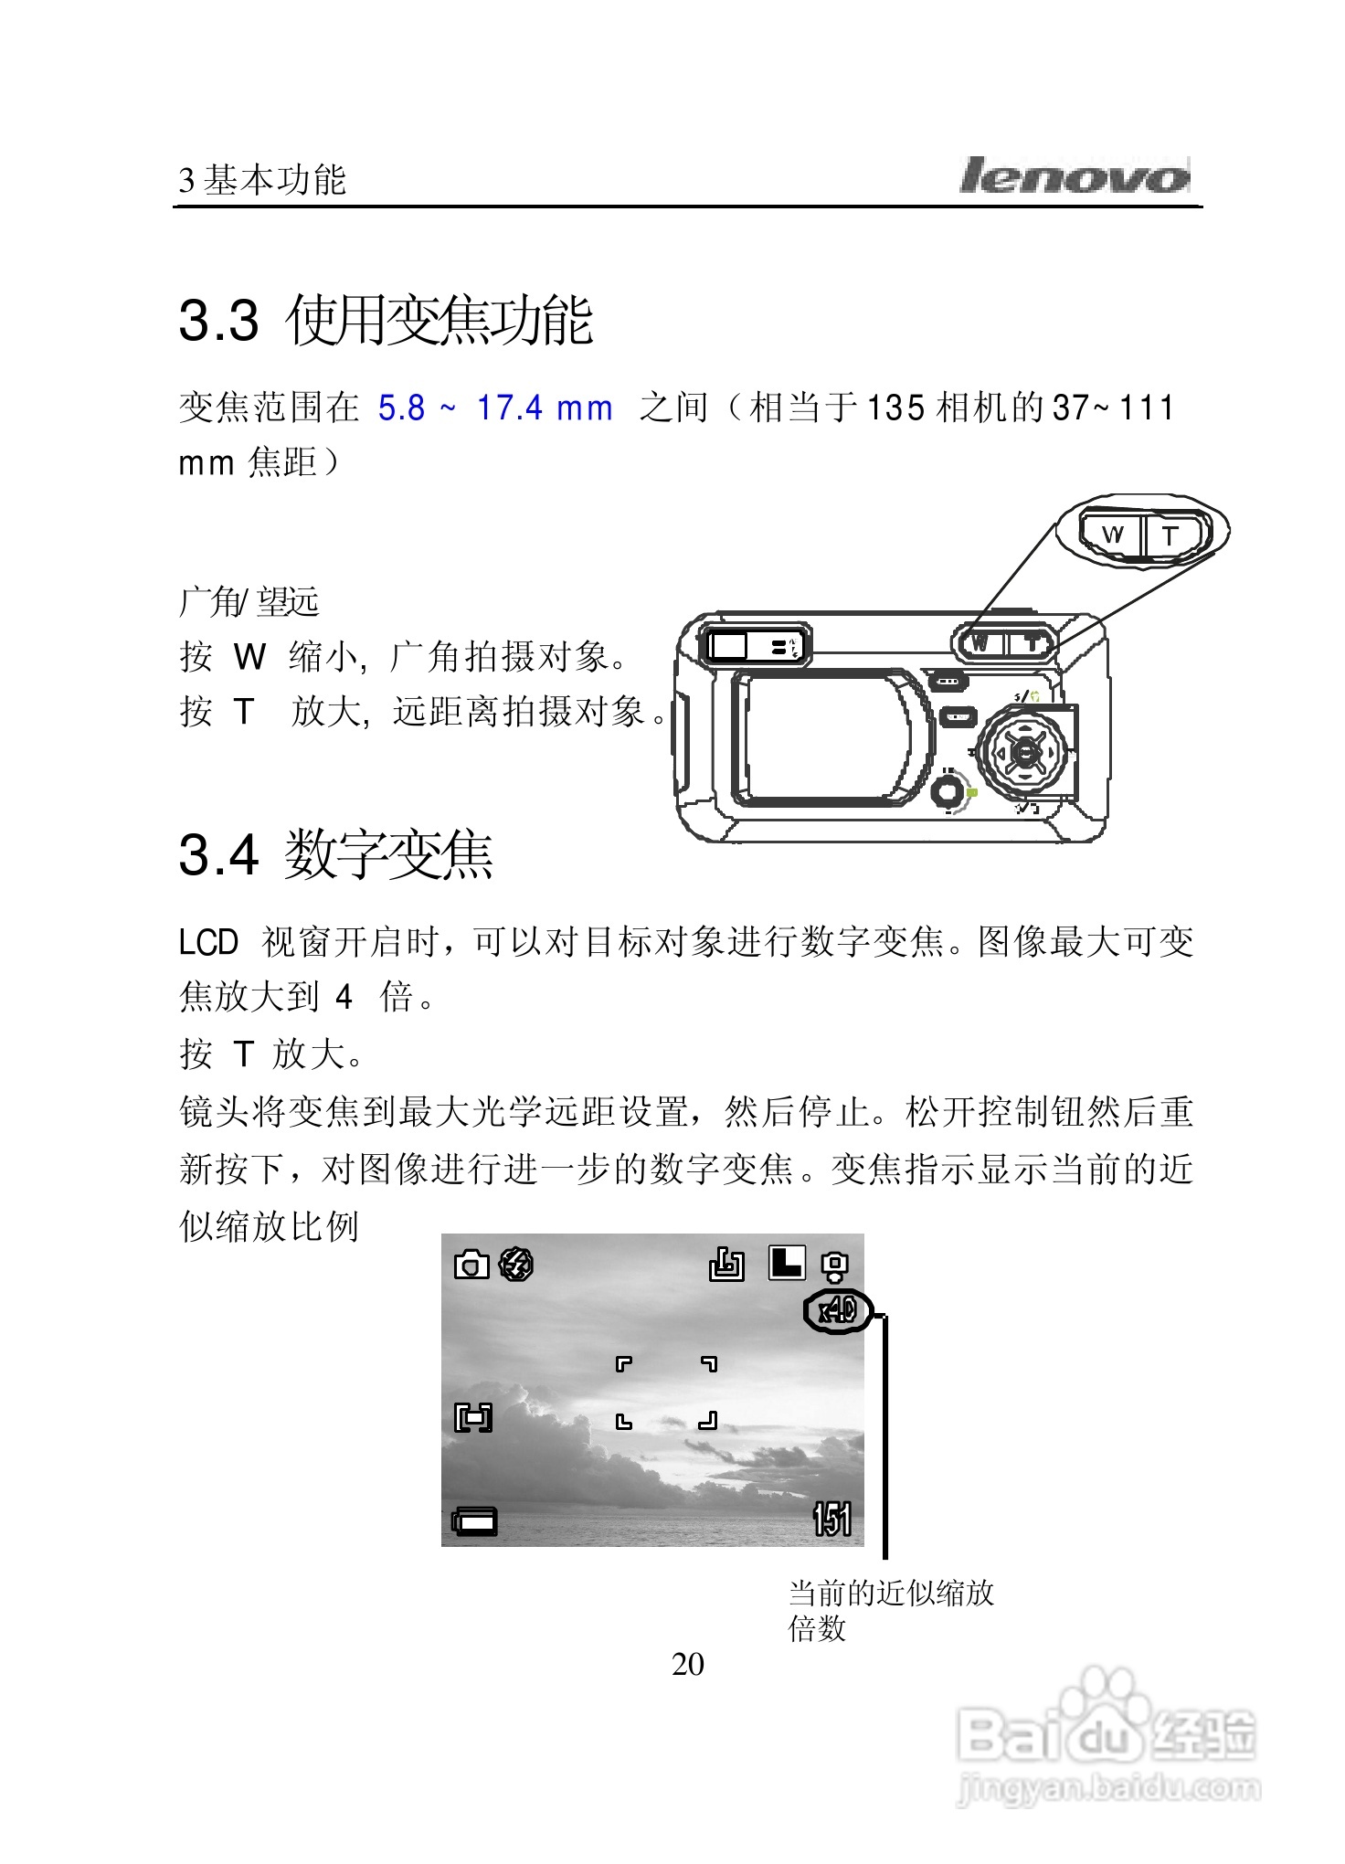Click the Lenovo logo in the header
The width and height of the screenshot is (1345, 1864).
point(1075,175)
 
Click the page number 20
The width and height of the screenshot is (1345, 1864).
point(687,1664)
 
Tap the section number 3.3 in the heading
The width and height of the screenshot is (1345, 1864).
point(218,321)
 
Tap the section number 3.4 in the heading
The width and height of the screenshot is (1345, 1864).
point(218,855)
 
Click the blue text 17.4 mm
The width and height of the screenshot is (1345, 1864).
point(545,408)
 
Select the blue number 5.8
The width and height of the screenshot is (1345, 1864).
point(402,408)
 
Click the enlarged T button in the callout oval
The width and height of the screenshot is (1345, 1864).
point(1173,535)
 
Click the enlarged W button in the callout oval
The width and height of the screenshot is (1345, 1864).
point(1112,535)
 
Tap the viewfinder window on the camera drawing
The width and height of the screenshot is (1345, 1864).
point(730,646)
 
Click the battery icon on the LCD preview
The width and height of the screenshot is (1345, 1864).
point(475,1521)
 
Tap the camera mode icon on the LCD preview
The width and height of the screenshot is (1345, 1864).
point(471,1266)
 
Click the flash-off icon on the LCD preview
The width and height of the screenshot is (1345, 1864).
point(516,1265)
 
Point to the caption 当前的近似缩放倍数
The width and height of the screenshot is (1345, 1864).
point(890,1610)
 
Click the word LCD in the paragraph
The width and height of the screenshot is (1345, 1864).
point(208,942)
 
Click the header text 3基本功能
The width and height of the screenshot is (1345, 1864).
point(263,181)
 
